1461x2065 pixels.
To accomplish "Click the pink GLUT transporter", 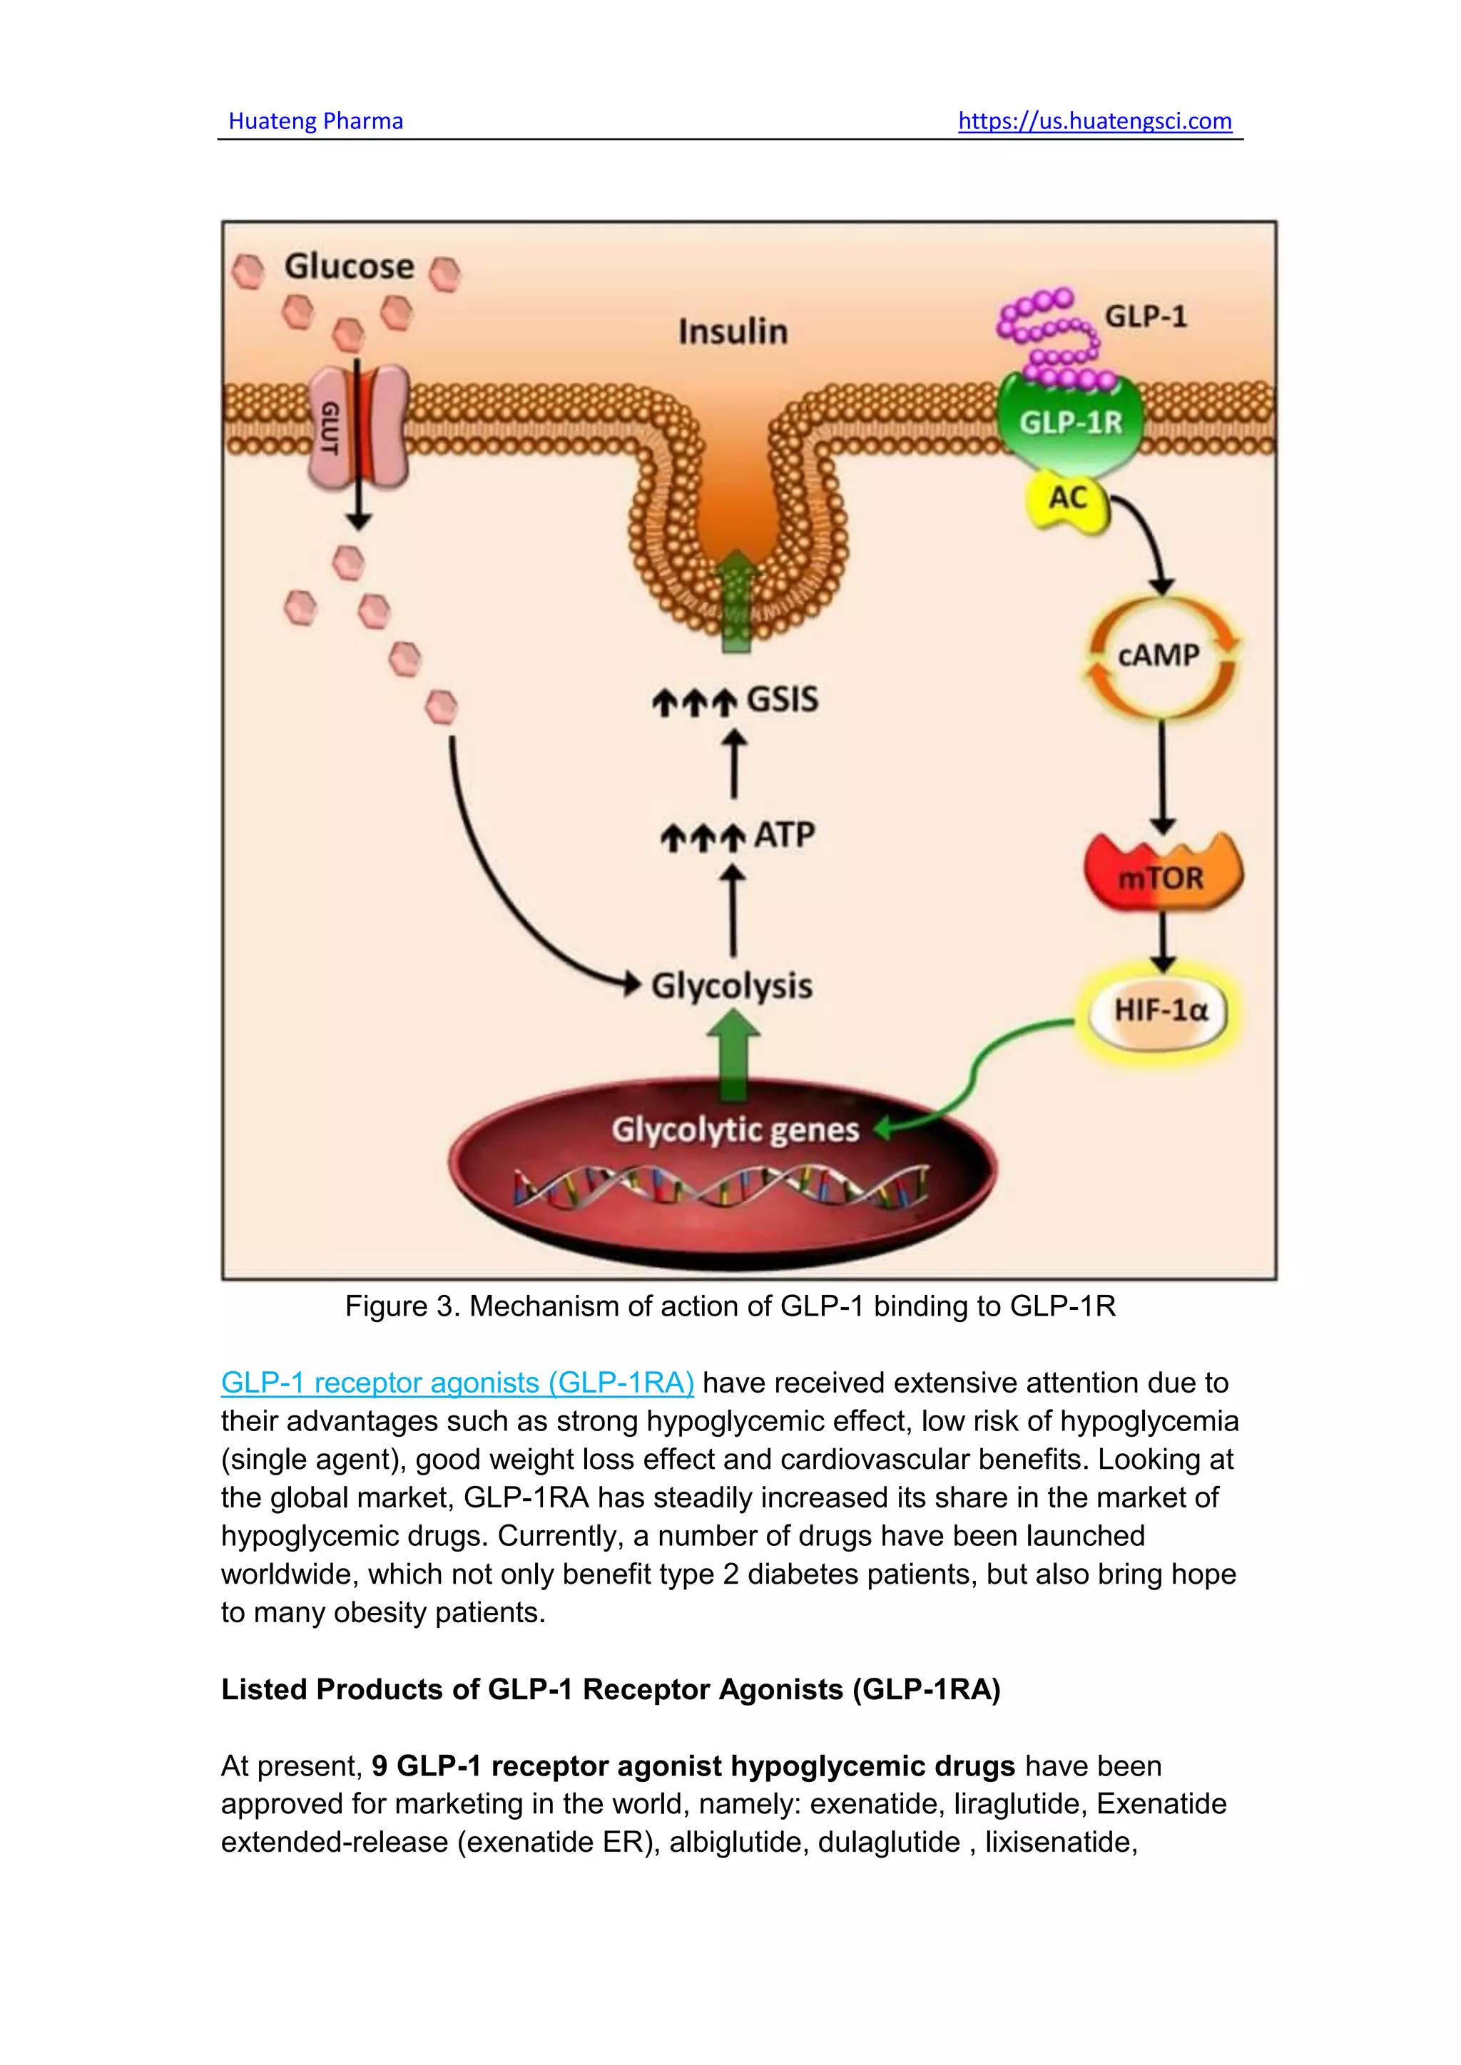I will click(357, 428).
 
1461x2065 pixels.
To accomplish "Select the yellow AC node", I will click(1068, 498).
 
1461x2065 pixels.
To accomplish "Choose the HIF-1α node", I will click(1160, 1011).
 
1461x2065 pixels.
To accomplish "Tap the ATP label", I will click(783, 836).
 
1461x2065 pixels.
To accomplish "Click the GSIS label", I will click(781, 700).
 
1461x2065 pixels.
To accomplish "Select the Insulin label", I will click(733, 332).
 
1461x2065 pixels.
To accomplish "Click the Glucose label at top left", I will click(349, 267).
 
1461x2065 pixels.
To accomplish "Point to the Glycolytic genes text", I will click(734, 1130).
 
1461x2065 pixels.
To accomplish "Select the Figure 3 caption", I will click(730, 1306).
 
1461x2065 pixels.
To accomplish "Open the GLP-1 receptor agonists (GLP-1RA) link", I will click(457, 1383).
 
